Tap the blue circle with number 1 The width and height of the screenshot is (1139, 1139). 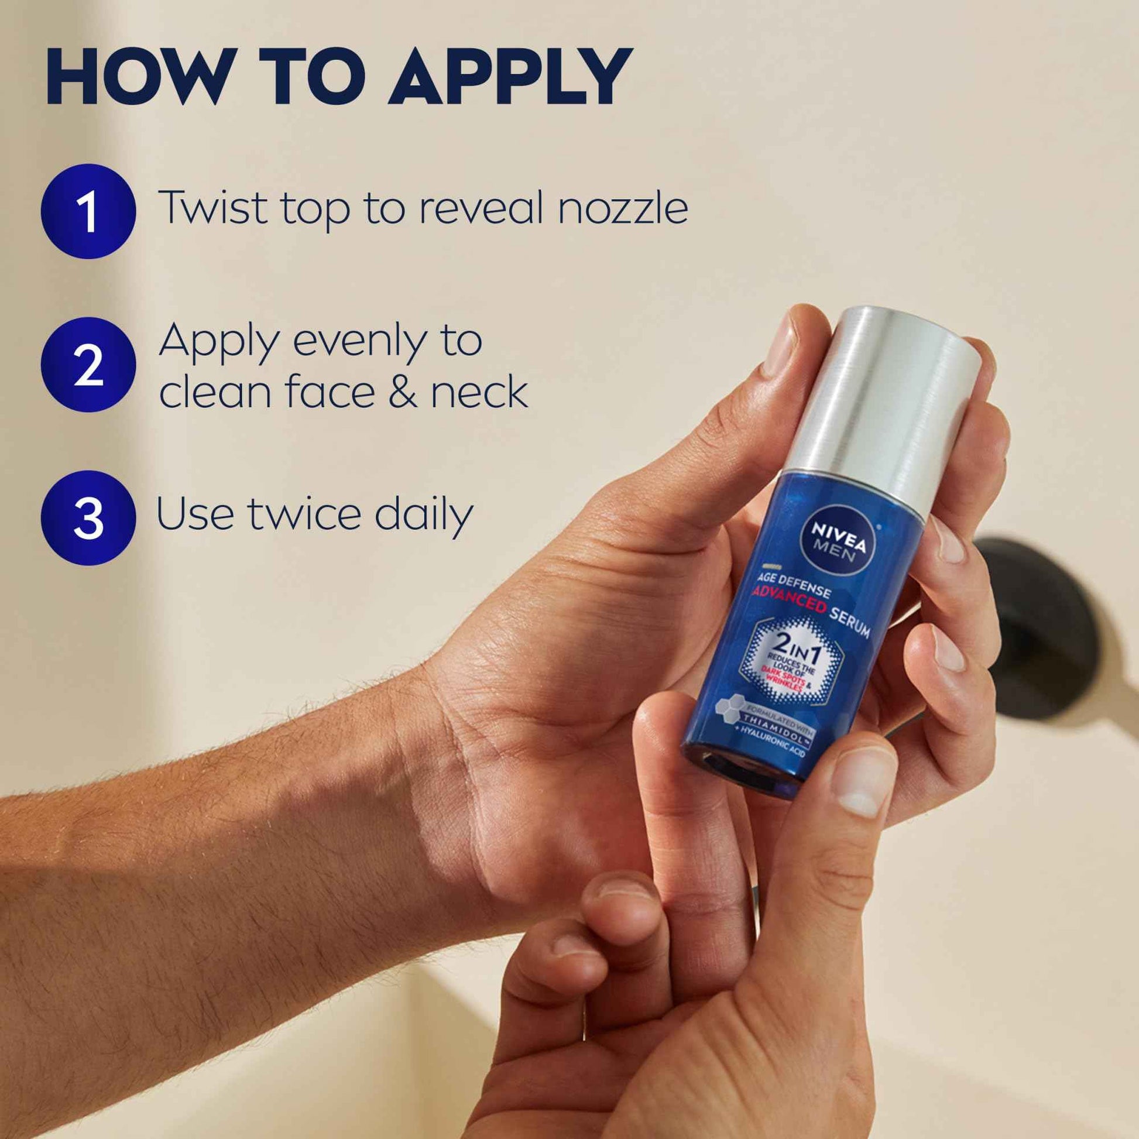(x=88, y=211)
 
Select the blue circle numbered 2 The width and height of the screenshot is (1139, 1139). (x=88, y=365)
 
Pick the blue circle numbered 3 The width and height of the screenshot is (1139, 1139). (x=88, y=517)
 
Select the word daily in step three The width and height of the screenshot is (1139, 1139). (x=423, y=514)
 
